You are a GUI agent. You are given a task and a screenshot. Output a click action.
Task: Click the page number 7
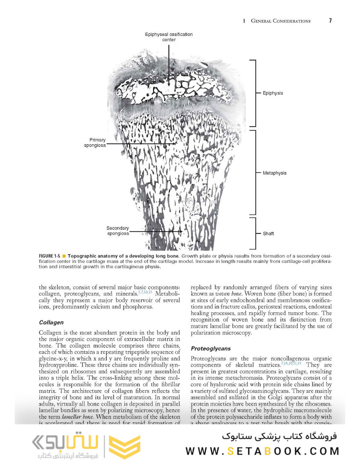(331, 20)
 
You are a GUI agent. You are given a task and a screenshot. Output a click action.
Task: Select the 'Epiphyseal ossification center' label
(169, 37)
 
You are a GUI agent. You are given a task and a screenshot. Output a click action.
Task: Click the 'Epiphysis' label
(273, 93)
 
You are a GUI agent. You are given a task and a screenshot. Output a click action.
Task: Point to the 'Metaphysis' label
(274, 173)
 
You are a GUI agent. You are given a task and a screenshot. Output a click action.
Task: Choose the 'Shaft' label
(268, 233)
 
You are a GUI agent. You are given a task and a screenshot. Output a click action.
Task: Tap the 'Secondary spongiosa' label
(117, 231)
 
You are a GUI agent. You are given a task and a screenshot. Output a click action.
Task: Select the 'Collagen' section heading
(51, 322)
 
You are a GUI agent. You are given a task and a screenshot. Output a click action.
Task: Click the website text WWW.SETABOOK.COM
(262, 451)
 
